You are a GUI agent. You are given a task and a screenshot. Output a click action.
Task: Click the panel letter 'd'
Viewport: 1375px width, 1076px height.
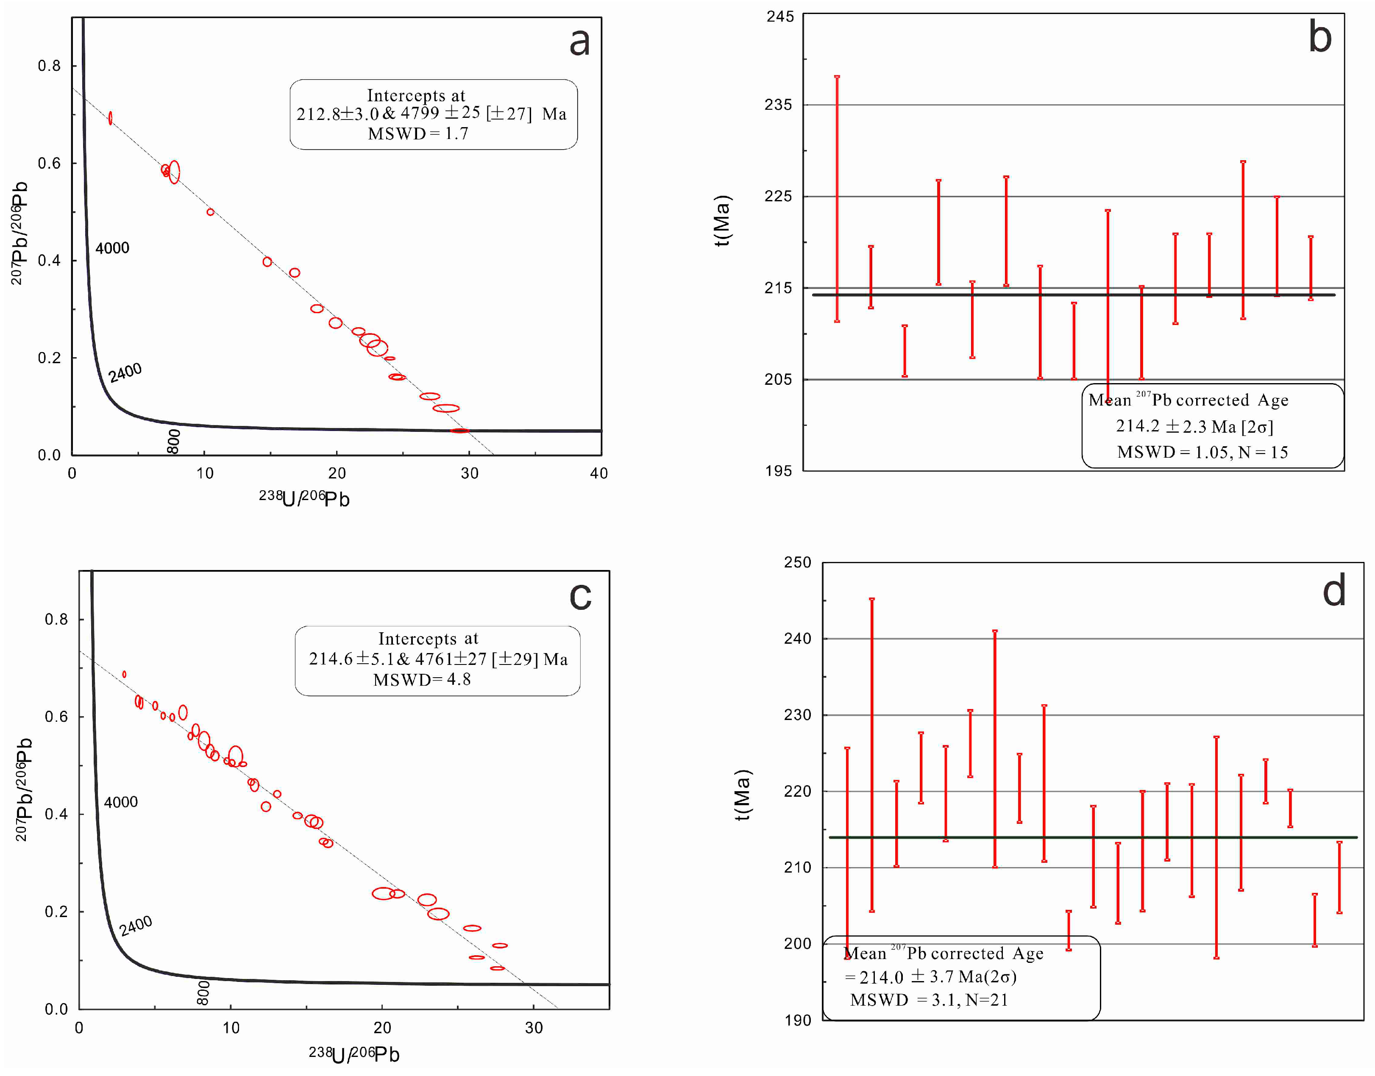[x=1333, y=592]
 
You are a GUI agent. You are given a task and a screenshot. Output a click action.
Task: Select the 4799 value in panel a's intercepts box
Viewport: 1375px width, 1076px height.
[x=420, y=114]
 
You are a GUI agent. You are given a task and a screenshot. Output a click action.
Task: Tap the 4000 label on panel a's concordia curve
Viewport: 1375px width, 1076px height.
[x=112, y=248]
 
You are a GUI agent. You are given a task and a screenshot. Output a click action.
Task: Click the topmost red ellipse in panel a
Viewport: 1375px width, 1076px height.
[x=110, y=118]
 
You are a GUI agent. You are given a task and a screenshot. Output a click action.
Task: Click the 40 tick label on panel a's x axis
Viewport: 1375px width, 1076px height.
[x=598, y=473]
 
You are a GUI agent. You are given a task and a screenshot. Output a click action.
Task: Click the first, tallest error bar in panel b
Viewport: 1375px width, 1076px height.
[x=837, y=198]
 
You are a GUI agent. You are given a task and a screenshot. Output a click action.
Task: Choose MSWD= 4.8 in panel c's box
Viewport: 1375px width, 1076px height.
[x=422, y=680]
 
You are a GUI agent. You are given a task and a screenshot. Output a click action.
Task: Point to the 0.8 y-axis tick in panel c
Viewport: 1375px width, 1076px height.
[x=56, y=619]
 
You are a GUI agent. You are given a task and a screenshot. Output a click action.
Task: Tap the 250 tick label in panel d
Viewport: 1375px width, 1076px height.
[x=797, y=562]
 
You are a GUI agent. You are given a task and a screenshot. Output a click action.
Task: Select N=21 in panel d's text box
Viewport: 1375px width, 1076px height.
[x=988, y=1000]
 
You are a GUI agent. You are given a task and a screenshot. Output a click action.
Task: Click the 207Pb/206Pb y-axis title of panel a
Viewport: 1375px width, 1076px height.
[x=19, y=233]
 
